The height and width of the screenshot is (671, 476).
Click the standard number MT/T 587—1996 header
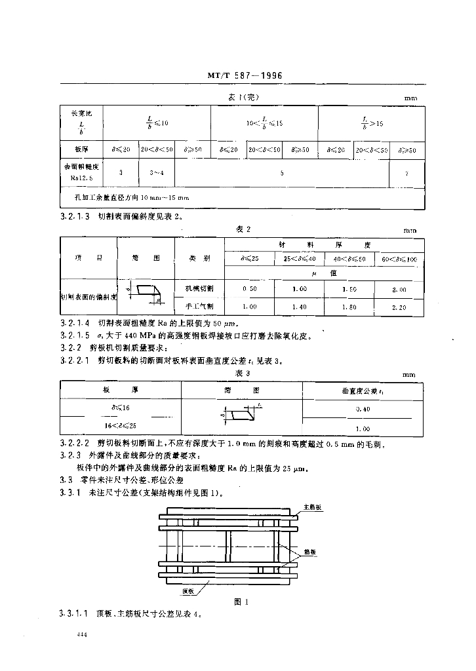[x=244, y=76]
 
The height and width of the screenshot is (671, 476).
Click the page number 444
[x=82, y=635]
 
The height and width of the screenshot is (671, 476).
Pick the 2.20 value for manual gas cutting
[x=399, y=306]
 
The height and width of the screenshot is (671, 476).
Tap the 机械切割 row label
[x=199, y=288]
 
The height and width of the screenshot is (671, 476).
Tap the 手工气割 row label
[x=199, y=306]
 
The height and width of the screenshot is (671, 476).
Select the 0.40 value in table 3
[x=357, y=408]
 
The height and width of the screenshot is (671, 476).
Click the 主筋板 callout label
[x=312, y=507]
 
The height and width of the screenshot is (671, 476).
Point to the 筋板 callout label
[x=309, y=552]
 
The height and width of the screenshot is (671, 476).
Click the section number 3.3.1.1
[x=75, y=614]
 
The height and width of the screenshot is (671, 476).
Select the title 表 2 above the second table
[x=243, y=229]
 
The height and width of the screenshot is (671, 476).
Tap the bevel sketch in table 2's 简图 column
[x=146, y=294]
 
